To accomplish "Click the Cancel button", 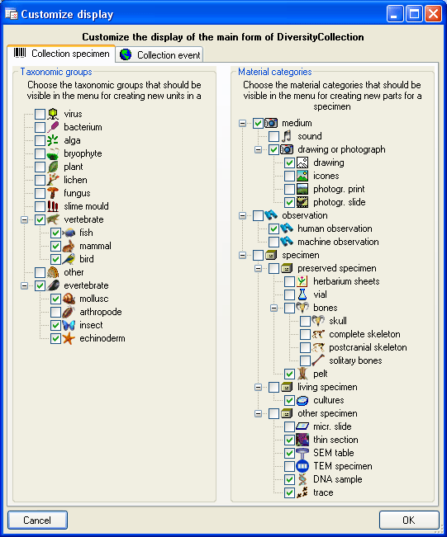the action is point(37,521).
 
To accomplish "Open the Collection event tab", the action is point(159,54).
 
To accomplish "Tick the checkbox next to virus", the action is point(40,114).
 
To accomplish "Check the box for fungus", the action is point(40,193).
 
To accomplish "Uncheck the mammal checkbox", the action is point(55,246).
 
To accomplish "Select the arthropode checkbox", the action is point(55,312).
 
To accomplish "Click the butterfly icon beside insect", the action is point(69,325).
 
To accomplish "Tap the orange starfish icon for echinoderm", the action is point(69,338).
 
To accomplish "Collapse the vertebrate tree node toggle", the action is point(24,219).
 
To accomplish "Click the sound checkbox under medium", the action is point(273,136).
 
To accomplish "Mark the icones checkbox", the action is point(289,176).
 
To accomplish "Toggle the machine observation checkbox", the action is point(273,242).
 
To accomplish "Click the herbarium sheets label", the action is point(346,281).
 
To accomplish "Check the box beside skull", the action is point(306,321).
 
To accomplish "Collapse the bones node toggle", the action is point(273,308).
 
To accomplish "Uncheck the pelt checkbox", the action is point(289,374).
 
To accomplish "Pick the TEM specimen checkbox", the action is point(289,466).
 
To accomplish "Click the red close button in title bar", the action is point(433,14).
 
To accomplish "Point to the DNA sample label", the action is point(338,479).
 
